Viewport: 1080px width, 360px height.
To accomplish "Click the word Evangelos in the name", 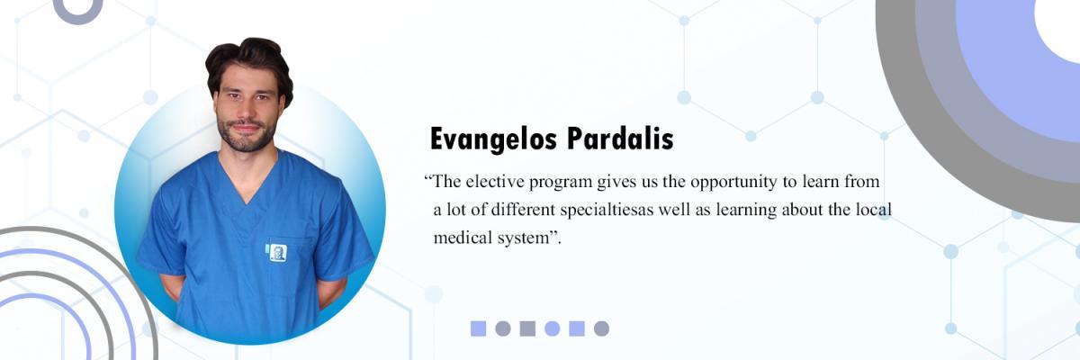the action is coord(493,139).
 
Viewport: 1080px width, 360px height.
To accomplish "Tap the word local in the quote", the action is coord(874,210).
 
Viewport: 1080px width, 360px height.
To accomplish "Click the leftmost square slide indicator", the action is coord(478,328).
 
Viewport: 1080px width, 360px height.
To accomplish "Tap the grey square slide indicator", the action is coord(527,328).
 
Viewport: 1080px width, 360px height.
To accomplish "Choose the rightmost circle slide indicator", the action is coord(601,328).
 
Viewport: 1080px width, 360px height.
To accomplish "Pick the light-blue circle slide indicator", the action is coord(552,328).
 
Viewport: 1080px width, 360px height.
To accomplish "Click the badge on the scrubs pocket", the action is coord(277,253).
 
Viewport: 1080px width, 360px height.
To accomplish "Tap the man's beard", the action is coord(246,135).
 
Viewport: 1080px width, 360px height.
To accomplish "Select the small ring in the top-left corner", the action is coord(77,20).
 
